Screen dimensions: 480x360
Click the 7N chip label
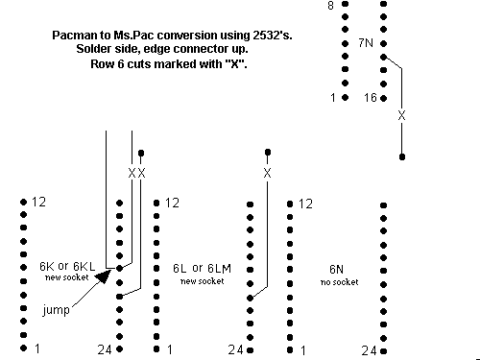click(x=366, y=43)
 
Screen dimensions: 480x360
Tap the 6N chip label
click(x=337, y=270)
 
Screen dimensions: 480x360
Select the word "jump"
click(x=57, y=310)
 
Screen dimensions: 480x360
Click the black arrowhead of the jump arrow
click(x=103, y=276)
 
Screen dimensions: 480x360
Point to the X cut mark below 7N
click(x=401, y=115)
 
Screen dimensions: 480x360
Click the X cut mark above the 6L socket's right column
click(x=268, y=173)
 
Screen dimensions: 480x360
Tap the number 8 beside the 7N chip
click(x=330, y=6)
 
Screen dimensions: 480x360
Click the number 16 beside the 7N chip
click(x=371, y=97)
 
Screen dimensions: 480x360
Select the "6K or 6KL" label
click(x=67, y=266)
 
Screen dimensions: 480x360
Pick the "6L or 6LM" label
click(x=202, y=268)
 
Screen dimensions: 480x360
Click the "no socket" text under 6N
click(x=340, y=282)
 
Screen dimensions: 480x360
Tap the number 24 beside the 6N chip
click(x=369, y=350)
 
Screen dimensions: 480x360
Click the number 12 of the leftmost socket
click(x=38, y=202)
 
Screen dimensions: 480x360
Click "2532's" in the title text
click(x=273, y=36)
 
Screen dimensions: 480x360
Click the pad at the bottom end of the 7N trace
click(x=402, y=156)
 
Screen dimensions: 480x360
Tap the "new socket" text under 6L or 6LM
click(x=203, y=281)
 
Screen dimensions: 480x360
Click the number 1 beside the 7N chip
click(x=333, y=97)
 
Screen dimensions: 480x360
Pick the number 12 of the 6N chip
click(x=305, y=204)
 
